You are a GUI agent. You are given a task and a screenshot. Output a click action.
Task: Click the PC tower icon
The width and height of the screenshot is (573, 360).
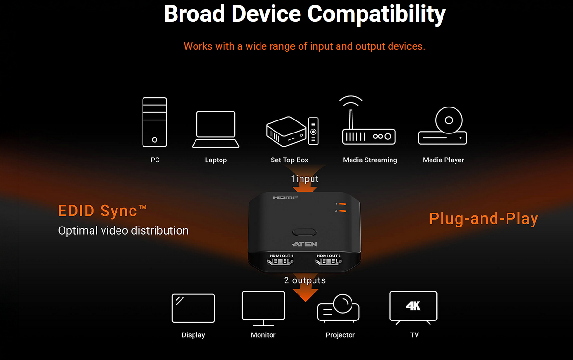tap(155, 122)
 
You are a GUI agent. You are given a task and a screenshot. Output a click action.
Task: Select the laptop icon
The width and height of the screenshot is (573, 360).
tap(216, 129)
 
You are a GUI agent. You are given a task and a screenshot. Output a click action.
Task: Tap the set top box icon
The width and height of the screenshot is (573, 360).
tap(292, 130)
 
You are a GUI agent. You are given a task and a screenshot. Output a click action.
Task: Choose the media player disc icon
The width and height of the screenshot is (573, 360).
tap(443, 125)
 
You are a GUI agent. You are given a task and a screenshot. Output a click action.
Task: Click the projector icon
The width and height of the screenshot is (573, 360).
tap(338, 308)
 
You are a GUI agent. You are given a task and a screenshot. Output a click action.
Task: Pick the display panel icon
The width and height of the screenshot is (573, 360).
tap(193, 308)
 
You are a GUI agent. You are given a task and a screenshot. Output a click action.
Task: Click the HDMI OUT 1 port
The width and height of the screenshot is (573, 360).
tap(281, 262)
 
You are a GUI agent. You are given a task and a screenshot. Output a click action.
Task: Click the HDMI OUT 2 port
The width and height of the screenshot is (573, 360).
tap(328, 262)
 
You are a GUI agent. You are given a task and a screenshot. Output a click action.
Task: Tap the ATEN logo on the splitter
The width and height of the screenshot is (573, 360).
tap(304, 244)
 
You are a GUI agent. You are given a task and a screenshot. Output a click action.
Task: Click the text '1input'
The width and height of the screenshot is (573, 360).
tap(305, 179)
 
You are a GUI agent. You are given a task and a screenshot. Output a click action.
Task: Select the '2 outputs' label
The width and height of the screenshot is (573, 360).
tap(305, 280)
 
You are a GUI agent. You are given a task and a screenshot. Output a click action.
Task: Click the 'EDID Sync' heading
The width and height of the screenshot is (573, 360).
tap(102, 211)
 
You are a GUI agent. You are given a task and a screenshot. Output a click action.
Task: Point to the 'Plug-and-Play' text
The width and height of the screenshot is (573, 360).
tap(483, 219)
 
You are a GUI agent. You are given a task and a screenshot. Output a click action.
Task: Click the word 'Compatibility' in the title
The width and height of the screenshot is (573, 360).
tap(377, 14)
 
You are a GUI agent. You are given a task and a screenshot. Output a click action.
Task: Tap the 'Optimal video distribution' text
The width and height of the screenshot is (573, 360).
tap(123, 231)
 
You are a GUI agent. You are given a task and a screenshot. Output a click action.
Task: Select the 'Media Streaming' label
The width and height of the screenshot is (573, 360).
tap(370, 160)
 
